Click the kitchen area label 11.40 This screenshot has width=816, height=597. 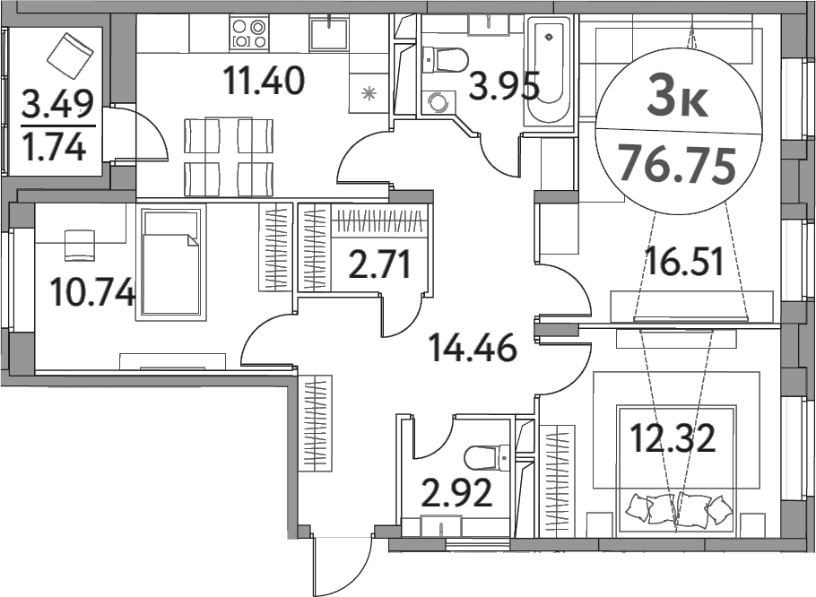tap(265, 82)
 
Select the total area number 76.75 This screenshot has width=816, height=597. tap(678, 166)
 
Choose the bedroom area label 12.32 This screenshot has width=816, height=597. tap(673, 440)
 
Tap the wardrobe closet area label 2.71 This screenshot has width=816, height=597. tap(379, 266)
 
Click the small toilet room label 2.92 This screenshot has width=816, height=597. tap(456, 493)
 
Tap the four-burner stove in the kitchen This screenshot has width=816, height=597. tap(250, 34)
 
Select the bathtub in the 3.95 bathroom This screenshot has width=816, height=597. tap(548, 72)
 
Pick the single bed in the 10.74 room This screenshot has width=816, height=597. tap(170, 261)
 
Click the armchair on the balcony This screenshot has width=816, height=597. tap(70, 53)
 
